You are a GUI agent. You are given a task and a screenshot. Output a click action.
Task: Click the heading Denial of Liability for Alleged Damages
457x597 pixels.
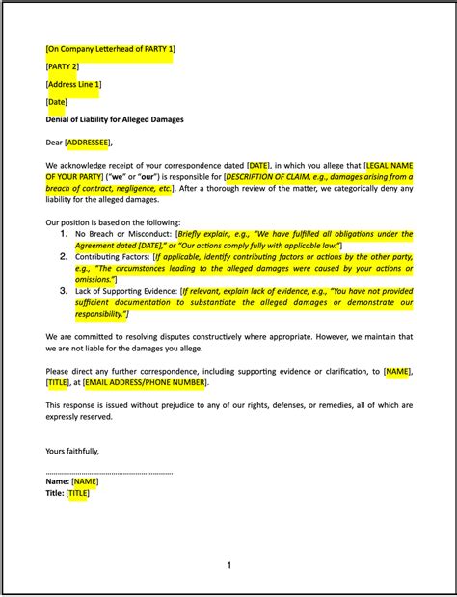115,119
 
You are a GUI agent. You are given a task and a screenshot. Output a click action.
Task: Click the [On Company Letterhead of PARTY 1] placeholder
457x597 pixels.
110,48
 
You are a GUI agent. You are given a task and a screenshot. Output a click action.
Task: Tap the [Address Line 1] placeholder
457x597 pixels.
73,84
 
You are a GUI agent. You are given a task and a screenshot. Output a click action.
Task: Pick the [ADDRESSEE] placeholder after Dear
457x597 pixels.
88,143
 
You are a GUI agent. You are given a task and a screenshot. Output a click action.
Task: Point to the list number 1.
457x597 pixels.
64,233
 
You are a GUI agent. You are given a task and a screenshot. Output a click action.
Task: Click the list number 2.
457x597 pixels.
64,257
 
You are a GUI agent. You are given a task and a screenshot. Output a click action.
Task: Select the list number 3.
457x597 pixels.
64,290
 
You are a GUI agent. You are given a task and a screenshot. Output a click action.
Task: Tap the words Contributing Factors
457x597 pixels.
113,257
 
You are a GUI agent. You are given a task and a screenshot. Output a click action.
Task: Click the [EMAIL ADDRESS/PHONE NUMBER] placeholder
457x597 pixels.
144,382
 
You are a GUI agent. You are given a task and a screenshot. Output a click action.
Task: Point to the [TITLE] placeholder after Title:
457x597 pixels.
78,493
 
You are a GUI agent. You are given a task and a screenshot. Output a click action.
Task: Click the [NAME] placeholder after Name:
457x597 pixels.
85,481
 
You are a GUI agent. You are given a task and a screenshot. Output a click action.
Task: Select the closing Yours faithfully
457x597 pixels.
72,450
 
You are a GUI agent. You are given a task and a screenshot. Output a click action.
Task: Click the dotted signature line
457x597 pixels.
109,472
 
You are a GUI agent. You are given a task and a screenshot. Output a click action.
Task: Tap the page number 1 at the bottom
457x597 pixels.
229,565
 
